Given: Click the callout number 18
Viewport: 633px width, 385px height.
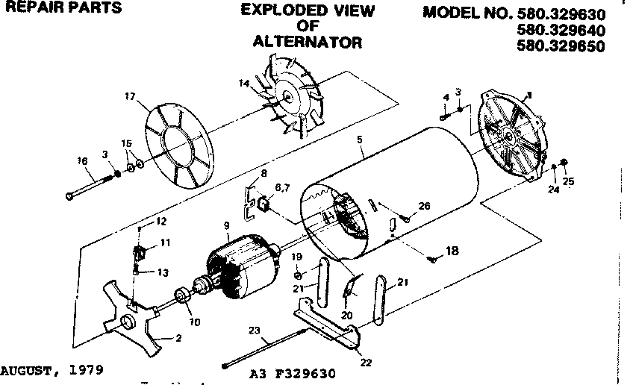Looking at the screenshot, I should (451, 253).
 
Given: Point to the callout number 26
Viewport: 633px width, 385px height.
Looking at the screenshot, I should (424, 207).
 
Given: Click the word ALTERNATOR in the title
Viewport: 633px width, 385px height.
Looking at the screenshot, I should (307, 43).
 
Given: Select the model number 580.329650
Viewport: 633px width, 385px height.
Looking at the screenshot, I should (561, 45).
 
